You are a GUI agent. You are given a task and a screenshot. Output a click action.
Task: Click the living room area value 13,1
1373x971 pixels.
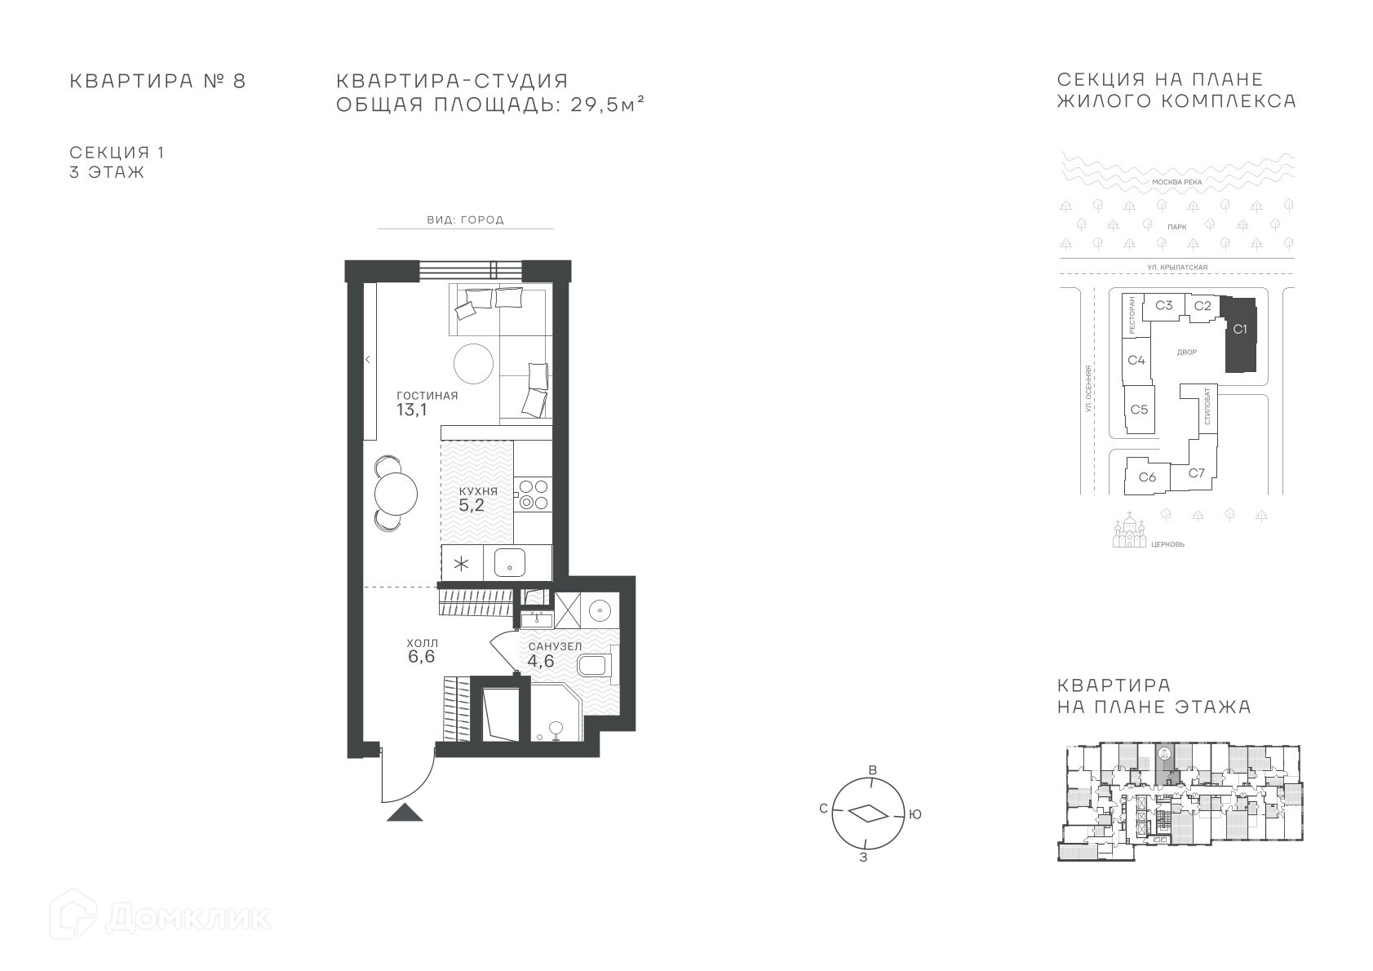coord(412,410)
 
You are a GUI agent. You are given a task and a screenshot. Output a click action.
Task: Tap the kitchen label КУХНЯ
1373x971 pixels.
coord(479,492)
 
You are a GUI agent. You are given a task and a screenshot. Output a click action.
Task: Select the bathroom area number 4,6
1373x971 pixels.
coord(541,661)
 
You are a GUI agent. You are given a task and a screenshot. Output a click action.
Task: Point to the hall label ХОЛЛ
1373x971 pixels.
coord(423,643)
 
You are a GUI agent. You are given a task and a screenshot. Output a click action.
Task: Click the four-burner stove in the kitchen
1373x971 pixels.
coord(534,494)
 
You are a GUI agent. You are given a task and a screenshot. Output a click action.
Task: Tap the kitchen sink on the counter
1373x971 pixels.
coord(510,563)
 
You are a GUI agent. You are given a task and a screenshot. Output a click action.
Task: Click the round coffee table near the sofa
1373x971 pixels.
coord(473,363)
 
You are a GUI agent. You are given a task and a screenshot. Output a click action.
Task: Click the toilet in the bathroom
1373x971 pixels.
coord(593,665)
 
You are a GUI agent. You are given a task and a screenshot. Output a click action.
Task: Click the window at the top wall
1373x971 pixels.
coord(470,270)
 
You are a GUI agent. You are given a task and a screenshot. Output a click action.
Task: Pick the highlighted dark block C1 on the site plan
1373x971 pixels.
coord(1241,335)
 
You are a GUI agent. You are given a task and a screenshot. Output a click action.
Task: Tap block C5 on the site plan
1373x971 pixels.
coord(1139,410)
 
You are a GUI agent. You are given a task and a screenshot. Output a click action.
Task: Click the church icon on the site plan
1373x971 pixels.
coord(1129,530)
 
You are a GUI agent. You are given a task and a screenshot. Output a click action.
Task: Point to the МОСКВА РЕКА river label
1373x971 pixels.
coord(1177,182)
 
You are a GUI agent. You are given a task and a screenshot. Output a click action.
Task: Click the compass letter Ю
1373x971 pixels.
coord(915,814)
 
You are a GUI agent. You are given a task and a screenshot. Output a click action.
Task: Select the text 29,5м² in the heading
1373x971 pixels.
coord(608,104)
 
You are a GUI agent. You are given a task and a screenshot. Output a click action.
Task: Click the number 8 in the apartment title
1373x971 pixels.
coord(238,81)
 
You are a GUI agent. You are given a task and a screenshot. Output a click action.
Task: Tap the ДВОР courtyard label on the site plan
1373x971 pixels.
coord(1187,352)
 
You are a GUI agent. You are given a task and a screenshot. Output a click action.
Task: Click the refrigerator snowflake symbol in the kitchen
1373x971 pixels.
coord(461,563)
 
